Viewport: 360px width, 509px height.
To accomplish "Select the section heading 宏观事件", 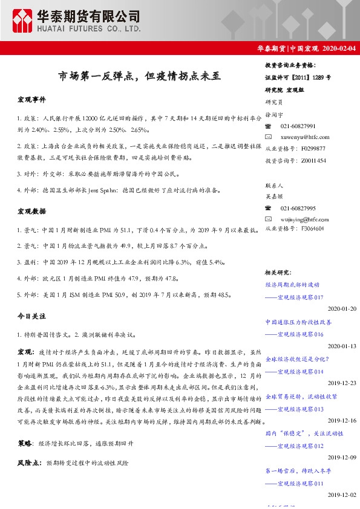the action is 31,99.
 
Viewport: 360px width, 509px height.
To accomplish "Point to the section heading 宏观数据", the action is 31,212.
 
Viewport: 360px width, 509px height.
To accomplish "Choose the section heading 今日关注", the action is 31,316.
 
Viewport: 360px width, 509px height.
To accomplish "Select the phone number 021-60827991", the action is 298,126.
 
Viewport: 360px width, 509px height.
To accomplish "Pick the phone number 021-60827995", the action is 298,207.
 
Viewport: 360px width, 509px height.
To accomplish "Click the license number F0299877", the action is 313,148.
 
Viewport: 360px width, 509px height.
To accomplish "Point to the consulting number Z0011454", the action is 313,160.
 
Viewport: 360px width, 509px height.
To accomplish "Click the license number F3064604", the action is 313,229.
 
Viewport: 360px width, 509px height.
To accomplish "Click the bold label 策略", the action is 25,443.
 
